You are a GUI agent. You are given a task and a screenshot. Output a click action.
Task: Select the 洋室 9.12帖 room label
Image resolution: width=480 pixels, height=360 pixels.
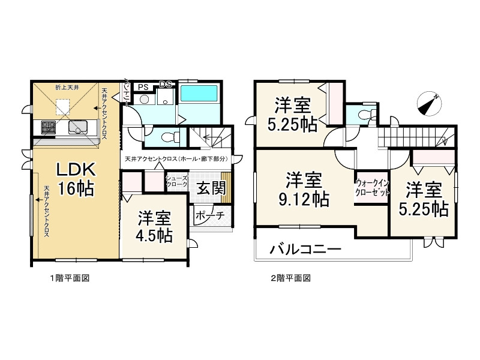[304, 188]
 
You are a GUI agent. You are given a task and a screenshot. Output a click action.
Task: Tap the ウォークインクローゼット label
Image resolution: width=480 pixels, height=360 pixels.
[373, 188]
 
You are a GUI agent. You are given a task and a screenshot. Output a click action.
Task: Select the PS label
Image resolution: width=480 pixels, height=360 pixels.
[142, 87]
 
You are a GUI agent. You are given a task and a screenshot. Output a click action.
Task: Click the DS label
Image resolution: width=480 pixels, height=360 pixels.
[166, 85]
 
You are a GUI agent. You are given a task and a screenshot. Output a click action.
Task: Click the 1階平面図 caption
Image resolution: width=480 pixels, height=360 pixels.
[69, 278]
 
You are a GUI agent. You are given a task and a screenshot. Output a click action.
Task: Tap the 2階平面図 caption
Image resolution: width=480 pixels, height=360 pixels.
[290, 278]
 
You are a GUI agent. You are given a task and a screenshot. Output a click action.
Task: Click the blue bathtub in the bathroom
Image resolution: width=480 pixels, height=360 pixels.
[200, 94]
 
